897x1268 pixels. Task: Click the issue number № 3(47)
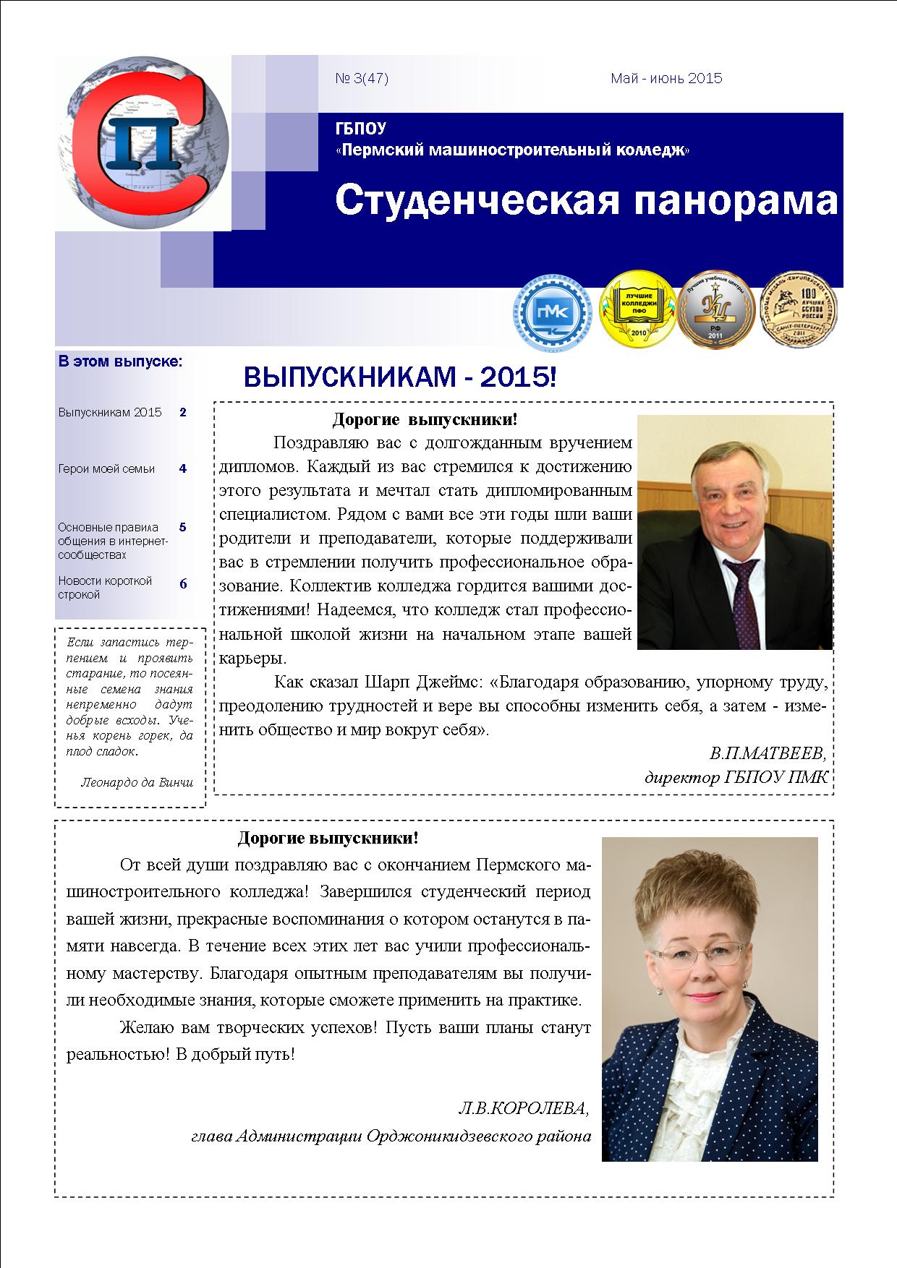click(362, 79)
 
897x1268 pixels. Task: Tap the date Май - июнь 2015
click(666, 79)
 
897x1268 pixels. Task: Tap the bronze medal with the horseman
click(798, 314)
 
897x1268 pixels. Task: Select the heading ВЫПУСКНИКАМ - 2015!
click(400, 377)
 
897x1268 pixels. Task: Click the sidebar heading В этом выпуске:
click(120, 361)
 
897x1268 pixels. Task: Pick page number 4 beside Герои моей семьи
click(183, 468)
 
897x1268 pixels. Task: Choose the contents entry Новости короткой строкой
click(105, 588)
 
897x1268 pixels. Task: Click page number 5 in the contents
click(183, 527)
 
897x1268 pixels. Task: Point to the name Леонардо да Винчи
click(137, 781)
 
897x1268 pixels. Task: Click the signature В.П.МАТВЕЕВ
click(767, 753)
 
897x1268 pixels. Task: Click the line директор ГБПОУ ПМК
click(735, 778)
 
